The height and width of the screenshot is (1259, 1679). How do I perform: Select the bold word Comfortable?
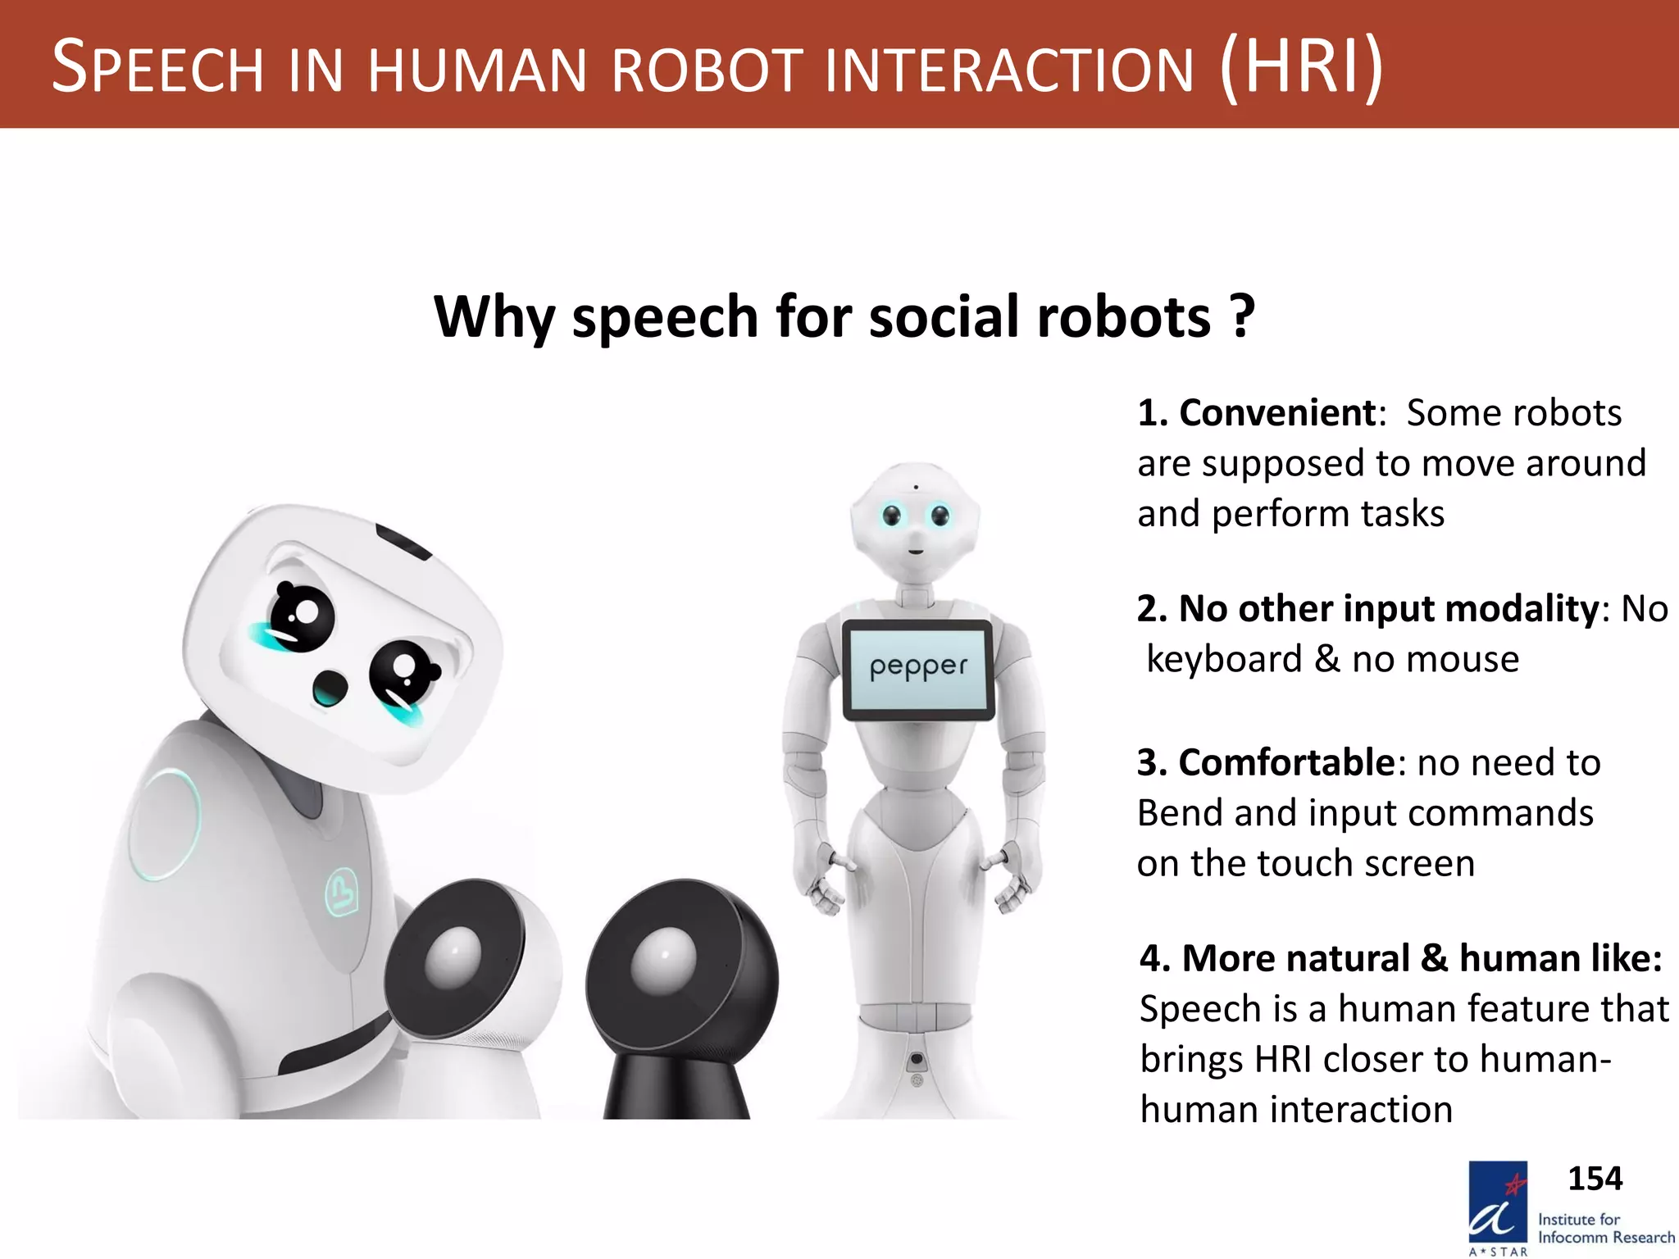(x=1286, y=762)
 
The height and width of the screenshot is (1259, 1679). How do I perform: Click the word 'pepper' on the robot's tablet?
(x=918, y=667)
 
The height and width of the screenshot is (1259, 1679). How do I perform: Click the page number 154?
(x=1595, y=1179)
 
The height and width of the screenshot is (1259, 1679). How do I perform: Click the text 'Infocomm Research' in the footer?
(x=1605, y=1238)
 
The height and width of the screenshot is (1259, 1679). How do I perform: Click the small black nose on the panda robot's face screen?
(x=330, y=687)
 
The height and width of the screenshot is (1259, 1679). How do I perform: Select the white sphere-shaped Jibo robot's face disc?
(x=453, y=957)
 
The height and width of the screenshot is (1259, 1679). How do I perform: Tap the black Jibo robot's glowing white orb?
(x=663, y=959)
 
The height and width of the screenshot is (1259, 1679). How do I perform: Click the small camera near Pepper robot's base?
(x=917, y=1060)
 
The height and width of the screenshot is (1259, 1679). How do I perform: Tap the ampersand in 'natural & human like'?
(x=1434, y=958)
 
